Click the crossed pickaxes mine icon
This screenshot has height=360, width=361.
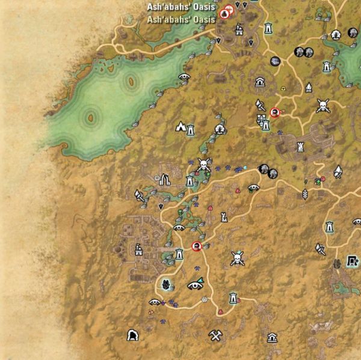pyautogui.click(x=216, y=336)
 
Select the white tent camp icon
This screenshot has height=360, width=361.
pyautogui.click(x=180, y=126)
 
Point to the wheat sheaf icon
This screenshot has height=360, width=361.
pyautogui.click(x=305, y=194)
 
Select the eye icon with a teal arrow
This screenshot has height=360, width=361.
pyautogui.click(x=196, y=285)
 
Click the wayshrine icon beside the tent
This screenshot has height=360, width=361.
pyautogui.click(x=191, y=129)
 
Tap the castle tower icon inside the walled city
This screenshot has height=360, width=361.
pyautogui.click(x=300, y=145)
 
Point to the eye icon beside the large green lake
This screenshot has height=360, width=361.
pyautogui.click(x=184, y=77)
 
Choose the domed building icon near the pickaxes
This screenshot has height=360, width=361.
pyautogui.click(x=272, y=337)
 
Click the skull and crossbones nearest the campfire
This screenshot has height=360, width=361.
pyautogui.click(x=322, y=106)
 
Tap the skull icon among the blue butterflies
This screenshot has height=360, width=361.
pyautogui.click(x=203, y=164)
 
